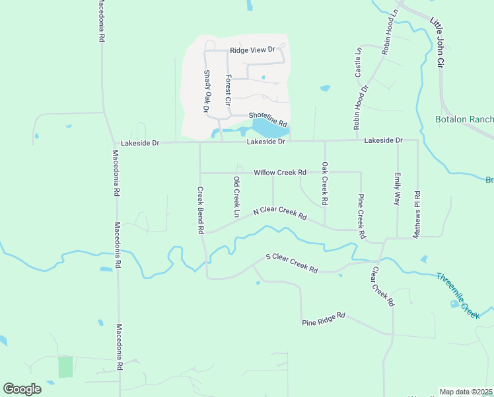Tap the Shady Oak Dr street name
click(206, 91)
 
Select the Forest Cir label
click(227, 91)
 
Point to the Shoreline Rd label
click(268, 119)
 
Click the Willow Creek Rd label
click(280, 173)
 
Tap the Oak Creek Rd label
click(324, 183)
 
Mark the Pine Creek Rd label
click(361, 216)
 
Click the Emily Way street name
click(397, 189)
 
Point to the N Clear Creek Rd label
click(280, 212)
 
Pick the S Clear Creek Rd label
click(291, 263)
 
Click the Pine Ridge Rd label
click(324, 318)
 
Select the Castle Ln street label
click(359, 60)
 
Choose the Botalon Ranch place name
click(464, 120)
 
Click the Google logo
click(22, 389)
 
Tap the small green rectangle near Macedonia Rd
click(65, 367)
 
